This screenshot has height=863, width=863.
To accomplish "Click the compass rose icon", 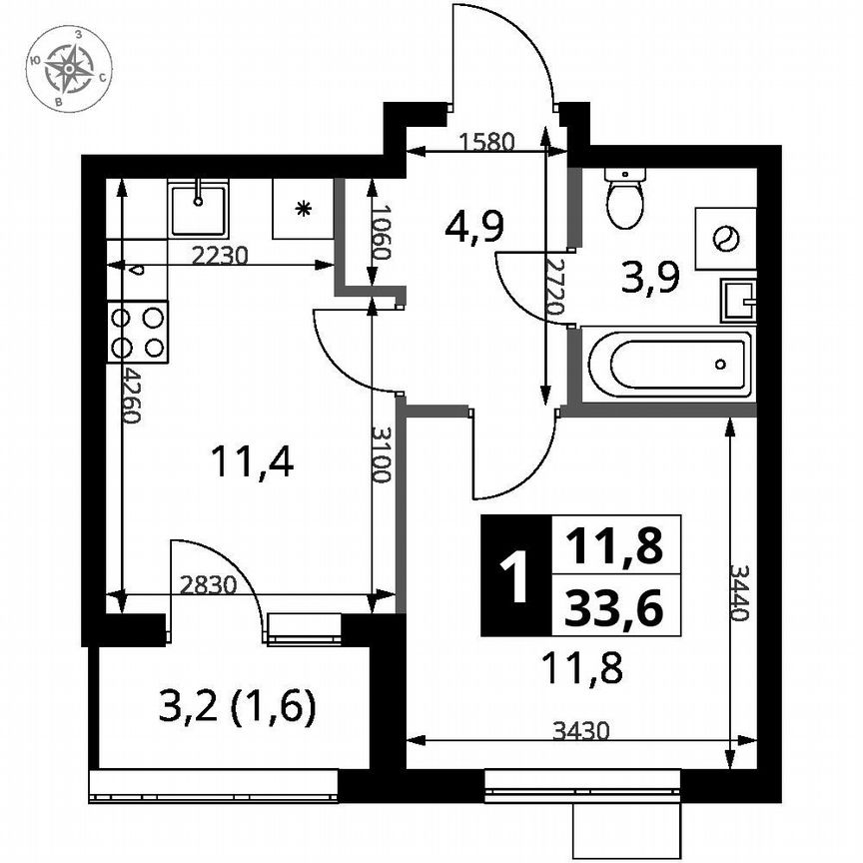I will (x=71, y=68).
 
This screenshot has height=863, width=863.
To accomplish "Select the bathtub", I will (x=668, y=365).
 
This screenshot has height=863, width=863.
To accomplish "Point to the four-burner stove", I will (x=138, y=332).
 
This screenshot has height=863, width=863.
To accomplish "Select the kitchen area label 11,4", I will (x=252, y=462).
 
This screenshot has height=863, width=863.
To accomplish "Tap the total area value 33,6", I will (x=614, y=605).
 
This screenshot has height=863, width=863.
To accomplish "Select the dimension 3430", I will (x=580, y=731).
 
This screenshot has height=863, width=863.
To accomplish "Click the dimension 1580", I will (x=486, y=142).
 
